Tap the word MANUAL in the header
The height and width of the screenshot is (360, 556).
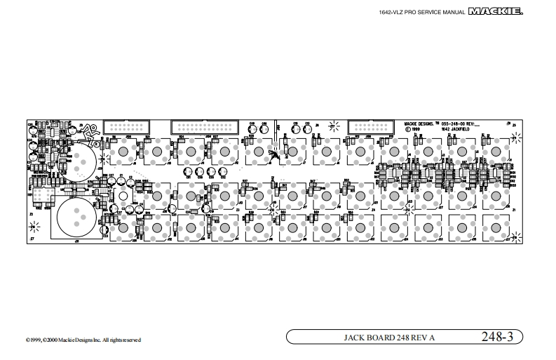click(454, 12)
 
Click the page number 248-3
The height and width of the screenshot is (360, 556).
click(497, 337)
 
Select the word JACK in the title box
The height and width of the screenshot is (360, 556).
click(355, 338)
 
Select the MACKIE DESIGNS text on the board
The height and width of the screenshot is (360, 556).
click(419, 123)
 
